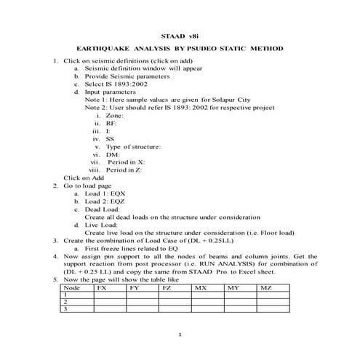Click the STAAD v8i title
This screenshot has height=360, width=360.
point(180,35)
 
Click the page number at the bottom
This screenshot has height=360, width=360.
point(180,335)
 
